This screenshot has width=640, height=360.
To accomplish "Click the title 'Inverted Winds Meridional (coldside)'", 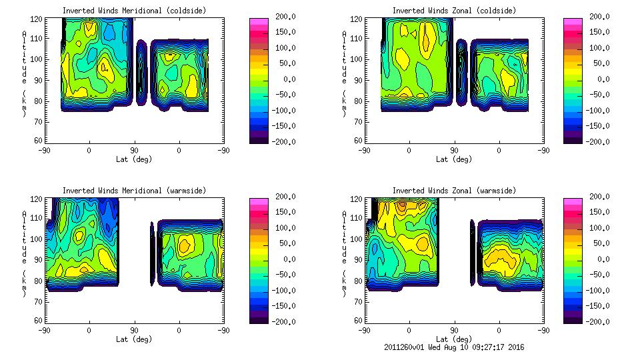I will (135, 11).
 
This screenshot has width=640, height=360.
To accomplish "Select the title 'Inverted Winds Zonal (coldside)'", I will (454, 11).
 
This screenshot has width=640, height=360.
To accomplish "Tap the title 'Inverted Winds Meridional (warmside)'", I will (135, 191).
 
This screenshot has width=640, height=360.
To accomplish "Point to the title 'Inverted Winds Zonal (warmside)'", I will (454, 191).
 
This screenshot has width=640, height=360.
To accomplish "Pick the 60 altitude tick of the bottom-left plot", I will (39, 321).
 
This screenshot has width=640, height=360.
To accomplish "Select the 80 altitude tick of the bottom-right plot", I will (359, 281).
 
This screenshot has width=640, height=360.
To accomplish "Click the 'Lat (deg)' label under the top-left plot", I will (134, 159).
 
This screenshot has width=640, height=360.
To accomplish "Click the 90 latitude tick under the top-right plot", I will (454, 151).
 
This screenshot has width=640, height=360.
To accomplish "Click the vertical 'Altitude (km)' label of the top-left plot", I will (25, 73).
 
